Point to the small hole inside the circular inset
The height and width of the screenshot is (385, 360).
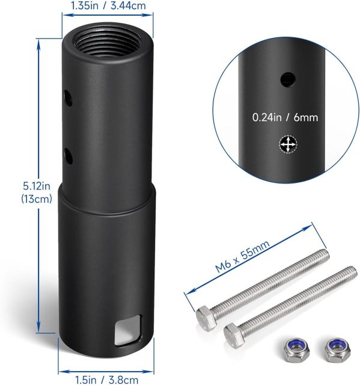(288, 78)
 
